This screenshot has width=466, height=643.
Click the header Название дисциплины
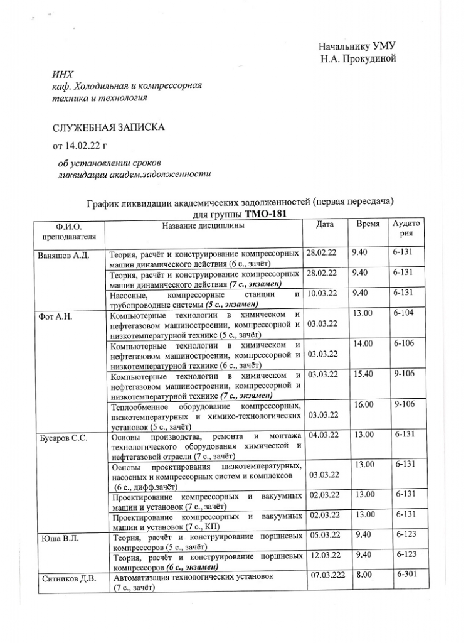[x=203, y=225]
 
